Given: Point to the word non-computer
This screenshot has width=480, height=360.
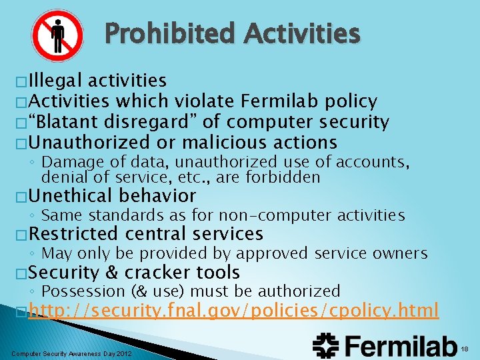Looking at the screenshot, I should coord(289,215).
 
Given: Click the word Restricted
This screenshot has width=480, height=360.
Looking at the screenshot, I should coord(73,234).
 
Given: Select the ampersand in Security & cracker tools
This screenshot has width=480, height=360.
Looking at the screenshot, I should coord(111,273).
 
